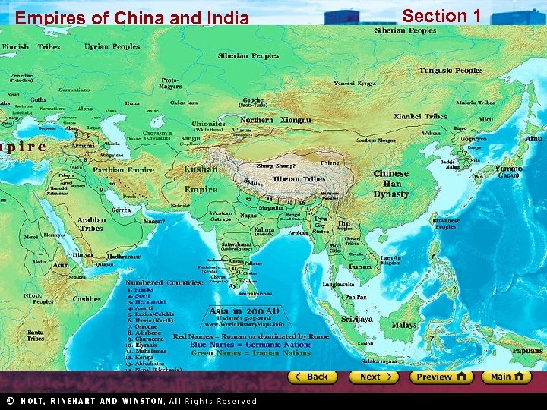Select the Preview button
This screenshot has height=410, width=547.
pos(441,377)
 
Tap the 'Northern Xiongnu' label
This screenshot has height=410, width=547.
pos(275,121)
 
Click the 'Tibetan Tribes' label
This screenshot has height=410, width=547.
pos(303,180)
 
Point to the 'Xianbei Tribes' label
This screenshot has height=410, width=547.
pos(420,117)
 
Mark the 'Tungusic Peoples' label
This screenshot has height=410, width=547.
pos(451,71)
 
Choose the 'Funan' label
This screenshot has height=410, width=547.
pos(361,266)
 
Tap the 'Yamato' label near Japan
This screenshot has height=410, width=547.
pos(507,168)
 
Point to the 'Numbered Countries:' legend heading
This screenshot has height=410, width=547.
pos(164,282)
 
